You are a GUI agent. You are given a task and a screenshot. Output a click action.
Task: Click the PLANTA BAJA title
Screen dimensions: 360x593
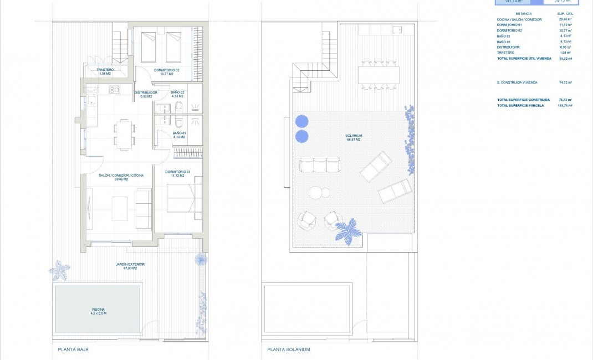click(x=73, y=349)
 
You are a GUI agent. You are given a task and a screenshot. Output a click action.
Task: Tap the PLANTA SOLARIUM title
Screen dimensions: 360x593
click(x=288, y=349)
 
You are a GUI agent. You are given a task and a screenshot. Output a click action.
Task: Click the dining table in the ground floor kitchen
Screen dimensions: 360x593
click(x=124, y=133)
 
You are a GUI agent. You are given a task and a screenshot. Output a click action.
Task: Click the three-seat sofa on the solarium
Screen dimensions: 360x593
click(x=319, y=165)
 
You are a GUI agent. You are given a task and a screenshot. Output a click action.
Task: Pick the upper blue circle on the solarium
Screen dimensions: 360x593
click(x=301, y=121)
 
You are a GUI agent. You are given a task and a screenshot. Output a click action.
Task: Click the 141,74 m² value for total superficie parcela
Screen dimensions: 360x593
click(x=565, y=105)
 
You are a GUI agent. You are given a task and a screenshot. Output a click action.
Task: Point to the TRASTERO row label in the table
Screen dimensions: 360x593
click(x=506, y=53)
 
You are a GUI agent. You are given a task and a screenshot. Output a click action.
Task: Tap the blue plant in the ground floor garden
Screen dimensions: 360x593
click(x=59, y=270)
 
